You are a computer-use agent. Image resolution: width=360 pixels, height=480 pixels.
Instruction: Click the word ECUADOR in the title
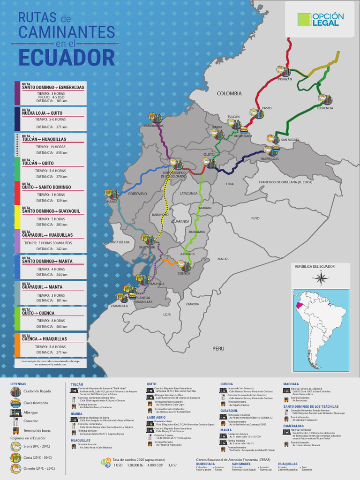(67, 58)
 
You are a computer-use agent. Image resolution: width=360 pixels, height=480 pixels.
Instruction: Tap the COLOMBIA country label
(229, 94)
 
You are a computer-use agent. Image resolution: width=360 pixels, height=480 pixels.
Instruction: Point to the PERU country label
(218, 348)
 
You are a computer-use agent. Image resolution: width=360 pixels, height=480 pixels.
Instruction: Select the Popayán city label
(285, 79)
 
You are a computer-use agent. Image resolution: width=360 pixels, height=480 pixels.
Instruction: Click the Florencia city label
(325, 108)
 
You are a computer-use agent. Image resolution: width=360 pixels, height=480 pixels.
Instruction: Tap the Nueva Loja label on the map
(270, 159)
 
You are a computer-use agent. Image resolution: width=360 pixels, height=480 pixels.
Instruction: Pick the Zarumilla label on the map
(120, 306)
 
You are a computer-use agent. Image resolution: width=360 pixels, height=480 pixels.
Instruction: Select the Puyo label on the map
(255, 218)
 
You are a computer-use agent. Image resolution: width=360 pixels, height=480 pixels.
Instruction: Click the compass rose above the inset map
(321, 278)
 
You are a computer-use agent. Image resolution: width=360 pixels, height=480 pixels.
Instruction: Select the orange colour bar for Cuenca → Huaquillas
(17, 344)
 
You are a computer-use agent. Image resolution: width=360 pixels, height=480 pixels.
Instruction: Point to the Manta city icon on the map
(112, 194)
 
